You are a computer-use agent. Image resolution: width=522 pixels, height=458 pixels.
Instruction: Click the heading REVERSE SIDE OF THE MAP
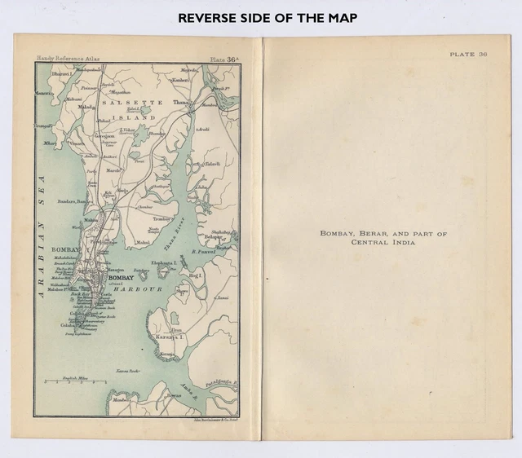coord(260,17)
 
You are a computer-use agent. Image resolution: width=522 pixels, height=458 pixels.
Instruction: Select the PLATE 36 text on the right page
coord(468,55)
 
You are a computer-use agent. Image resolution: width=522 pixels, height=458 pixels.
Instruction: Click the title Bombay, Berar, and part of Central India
coord(383,237)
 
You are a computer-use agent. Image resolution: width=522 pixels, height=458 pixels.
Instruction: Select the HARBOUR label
coord(138,289)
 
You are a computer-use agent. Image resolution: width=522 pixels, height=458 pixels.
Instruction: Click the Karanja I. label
coord(168,336)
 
